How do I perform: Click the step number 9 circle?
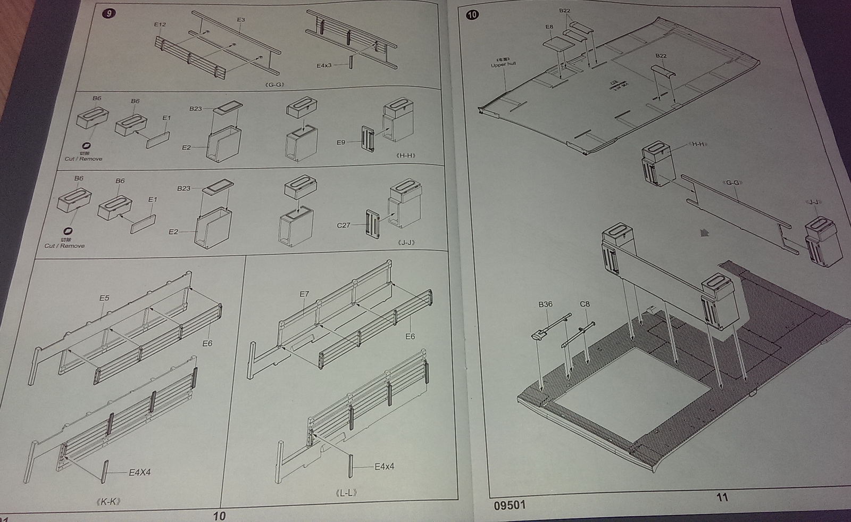[x=109, y=13]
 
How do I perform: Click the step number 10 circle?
[x=472, y=14]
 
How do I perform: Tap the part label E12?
[x=160, y=24]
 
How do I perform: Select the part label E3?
[x=241, y=20]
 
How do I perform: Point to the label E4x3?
[x=324, y=65]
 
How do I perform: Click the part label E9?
[x=341, y=142]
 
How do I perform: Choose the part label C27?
[x=344, y=225]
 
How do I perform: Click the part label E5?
[x=104, y=298]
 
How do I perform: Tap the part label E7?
[x=304, y=294]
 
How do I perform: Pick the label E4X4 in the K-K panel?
[x=140, y=472]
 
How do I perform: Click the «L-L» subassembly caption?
[x=346, y=493]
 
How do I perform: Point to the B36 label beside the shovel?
[x=545, y=304]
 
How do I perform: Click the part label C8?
[x=585, y=304]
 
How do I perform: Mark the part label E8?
[x=549, y=27]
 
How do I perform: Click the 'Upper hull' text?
[x=503, y=65]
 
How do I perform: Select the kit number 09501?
[x=510, y=505]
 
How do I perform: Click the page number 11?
[x=722, y=497]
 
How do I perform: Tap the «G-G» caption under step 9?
[x=275, y=85]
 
